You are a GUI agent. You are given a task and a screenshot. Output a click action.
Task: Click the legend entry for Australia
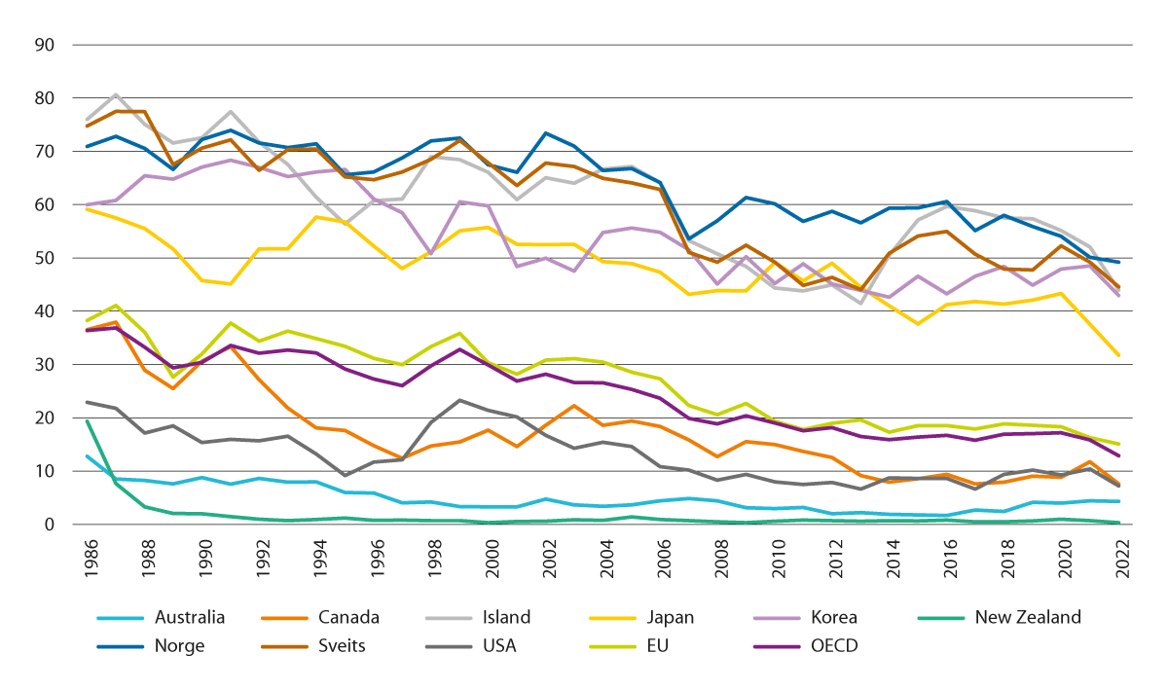pyautogui.click(x=190, y=617)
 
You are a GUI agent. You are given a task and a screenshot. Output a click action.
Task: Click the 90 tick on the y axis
pyautogui.click(x=44, y=45)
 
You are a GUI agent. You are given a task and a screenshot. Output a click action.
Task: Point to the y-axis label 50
pyautogui.click(x=44, y=258)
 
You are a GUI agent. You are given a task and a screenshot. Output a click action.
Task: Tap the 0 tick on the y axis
pyautogui.click(x=49, y=525)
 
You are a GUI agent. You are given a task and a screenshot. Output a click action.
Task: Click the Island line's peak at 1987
pyautogui.click(x=116, y=94)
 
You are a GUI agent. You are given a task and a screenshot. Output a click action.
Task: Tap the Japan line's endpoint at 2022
pyautogui.click(x=1118, y=356)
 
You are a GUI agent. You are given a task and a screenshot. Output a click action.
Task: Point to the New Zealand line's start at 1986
pyautogui.click(x=87, y=420)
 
